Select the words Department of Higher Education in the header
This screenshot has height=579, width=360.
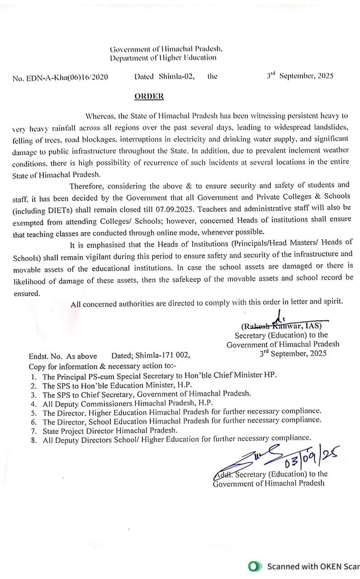coord(163,57)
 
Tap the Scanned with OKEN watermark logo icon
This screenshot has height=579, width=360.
coord(256,566)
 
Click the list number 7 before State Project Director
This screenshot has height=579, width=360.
coord(33,430)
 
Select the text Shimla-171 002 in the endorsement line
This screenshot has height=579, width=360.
coord(165,356)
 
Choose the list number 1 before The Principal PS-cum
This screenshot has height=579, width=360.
coord(33,376)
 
